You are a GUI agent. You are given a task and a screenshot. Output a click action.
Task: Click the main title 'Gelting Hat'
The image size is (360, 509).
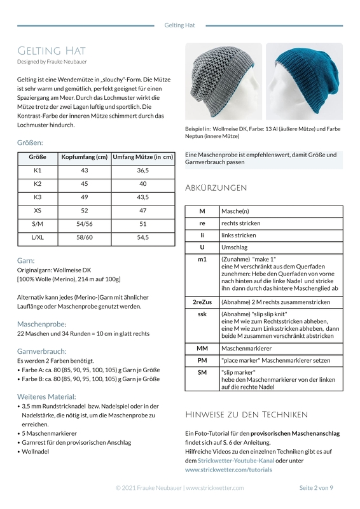click(52, 51)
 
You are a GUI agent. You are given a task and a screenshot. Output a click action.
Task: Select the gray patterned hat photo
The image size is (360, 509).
click(223, 81)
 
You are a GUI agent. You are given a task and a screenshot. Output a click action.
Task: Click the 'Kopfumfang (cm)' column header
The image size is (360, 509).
click(84, 157)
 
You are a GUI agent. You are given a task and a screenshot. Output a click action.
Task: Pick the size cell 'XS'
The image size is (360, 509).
click(38, 211)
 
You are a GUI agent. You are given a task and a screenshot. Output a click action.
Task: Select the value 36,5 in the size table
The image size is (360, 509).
click(142, 171)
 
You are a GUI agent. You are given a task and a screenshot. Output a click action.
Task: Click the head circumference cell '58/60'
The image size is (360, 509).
click(84, 237)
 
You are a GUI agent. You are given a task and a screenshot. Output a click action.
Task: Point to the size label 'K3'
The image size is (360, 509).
click(38, 197)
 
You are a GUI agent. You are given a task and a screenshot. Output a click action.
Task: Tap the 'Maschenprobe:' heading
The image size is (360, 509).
click(41, 324)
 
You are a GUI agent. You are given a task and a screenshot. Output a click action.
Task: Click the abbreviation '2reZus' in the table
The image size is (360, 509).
click(202, 302)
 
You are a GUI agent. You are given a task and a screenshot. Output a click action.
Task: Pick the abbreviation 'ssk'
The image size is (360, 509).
click(202, 314)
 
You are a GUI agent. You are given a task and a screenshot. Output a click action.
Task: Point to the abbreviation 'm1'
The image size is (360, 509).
click(202, 260)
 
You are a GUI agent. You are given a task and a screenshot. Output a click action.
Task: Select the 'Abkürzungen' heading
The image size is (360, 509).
click(216, 188)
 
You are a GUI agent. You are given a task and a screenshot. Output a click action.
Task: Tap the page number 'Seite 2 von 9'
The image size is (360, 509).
click(315, 488)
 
